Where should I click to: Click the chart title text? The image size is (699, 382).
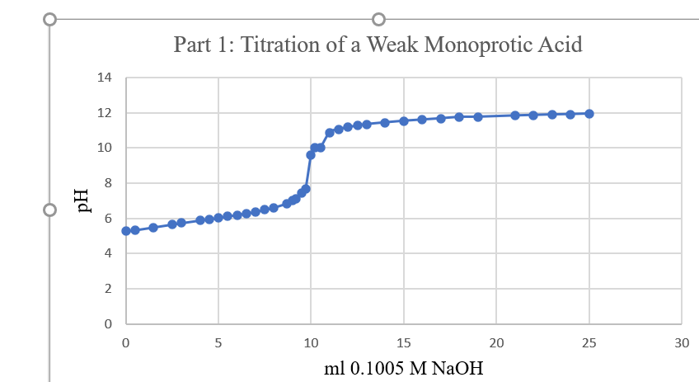click(378, 45)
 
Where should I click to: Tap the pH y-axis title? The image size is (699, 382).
click(82, 200)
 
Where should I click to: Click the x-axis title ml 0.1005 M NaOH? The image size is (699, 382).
click(403, 367)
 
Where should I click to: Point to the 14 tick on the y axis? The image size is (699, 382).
click(104, 78)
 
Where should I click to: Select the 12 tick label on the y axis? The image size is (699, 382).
click(104, 113)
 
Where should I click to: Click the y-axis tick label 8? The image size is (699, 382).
click(106, 183)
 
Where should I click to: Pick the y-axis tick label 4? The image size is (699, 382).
click(106, 253)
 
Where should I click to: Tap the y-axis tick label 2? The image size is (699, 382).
click(106, 289)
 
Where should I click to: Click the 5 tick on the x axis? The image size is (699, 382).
click(218, 342)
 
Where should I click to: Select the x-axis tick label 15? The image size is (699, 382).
click(404, 342)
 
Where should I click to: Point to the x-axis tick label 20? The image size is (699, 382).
click(496, 342)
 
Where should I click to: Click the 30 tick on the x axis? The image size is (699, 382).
click(682, 342)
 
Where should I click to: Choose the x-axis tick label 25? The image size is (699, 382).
click(589, 342)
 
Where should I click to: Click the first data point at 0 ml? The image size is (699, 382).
click(126, 231)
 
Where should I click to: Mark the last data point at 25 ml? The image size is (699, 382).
click(589, 114)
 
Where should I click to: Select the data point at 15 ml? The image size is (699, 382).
click(404, 120)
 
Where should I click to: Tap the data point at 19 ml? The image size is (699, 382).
click(478, 117)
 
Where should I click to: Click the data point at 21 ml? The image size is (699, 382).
click(515, 116)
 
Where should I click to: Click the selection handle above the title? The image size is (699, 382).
click(379, 19)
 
